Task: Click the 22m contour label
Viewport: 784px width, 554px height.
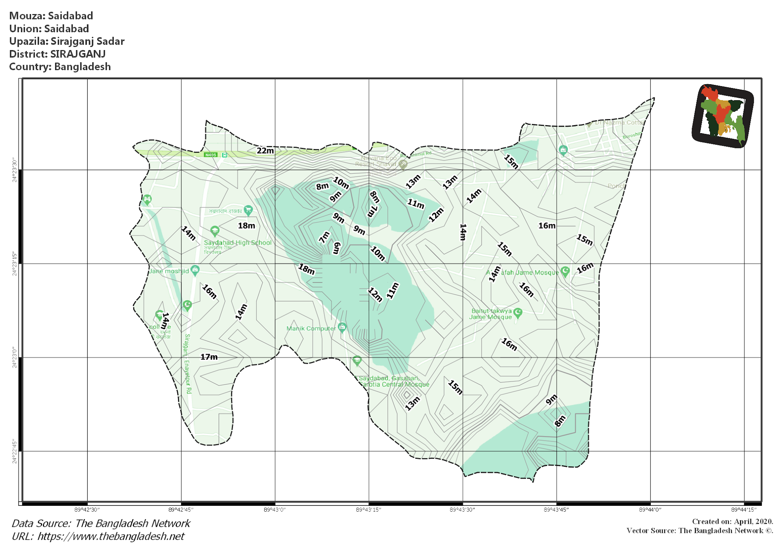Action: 265,151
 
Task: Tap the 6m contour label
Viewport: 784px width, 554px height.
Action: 336,248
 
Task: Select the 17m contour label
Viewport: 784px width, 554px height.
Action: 209,357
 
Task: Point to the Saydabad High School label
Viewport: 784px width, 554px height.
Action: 237,243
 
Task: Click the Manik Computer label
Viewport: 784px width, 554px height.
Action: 311,328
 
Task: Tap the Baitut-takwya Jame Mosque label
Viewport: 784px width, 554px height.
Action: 490,314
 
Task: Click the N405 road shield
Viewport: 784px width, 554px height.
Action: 211,155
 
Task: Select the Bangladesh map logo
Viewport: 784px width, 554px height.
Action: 722,116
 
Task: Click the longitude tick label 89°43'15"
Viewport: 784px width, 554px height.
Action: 368,510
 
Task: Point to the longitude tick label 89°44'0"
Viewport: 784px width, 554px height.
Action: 650,510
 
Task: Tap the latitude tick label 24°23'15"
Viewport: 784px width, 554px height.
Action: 15,263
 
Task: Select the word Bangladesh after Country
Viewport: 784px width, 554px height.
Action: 82,67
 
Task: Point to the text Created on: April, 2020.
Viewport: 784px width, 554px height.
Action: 732,521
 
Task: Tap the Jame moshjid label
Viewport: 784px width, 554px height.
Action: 169,271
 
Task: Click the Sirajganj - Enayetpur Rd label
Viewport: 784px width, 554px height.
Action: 187,363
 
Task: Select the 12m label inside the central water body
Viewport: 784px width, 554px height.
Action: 375,295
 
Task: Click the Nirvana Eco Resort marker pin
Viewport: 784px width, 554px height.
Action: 403,164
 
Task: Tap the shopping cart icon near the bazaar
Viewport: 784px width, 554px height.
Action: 248,210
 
